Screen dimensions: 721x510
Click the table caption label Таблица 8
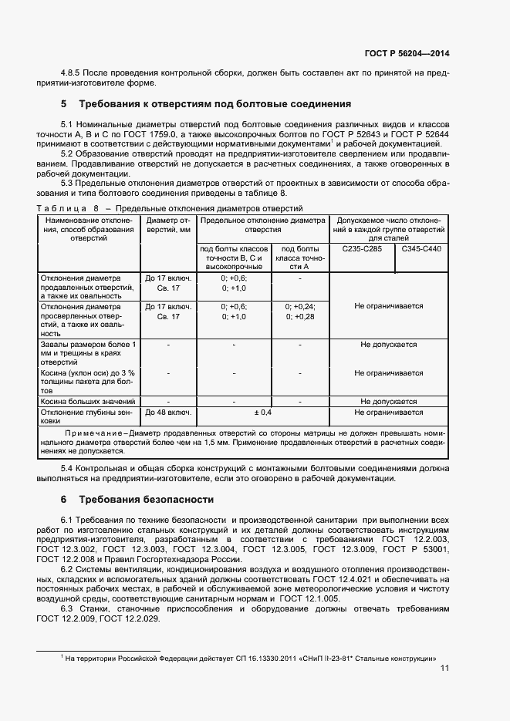tap(68, 209)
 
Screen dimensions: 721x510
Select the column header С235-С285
tap(361, 250)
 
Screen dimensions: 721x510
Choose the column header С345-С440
tap(421, 250)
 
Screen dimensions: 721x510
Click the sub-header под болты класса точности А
tap(300, 258)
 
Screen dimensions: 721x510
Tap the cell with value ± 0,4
tap(263, 413)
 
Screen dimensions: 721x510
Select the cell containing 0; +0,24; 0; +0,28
tap(300, 312)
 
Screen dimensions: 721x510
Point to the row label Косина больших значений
tap(88, 402)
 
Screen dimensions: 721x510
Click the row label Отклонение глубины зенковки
tap(88, 417)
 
